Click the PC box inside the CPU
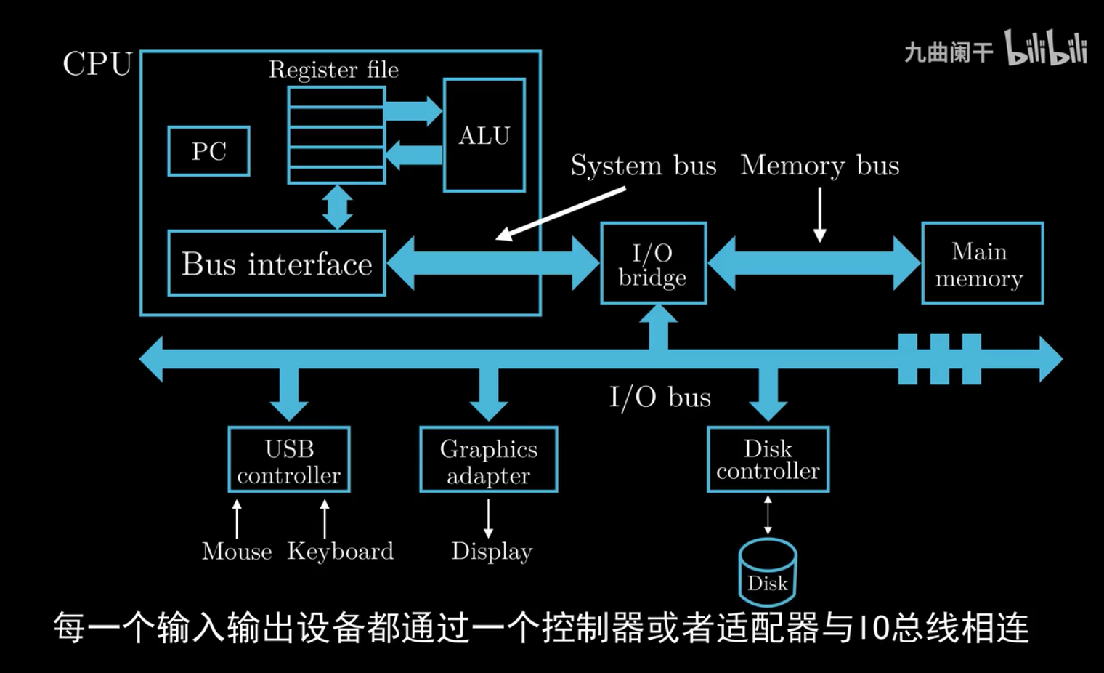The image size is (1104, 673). tap(208, 151)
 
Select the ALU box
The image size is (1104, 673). tap(484, 135)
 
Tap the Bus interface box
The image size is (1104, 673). tap(277, 264)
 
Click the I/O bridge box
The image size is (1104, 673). tap(653, 263)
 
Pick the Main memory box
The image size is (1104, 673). tap(982, 263)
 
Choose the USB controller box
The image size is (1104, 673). tap(289, 460)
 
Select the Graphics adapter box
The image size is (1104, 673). tap(488, 460)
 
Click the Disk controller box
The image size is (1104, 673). tap(768, 459)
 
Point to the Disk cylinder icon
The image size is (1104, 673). tap(768, 573)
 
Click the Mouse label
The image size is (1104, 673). tap(237, 552)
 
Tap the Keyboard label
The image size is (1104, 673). tap(340, 552)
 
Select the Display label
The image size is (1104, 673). tap(492, 552)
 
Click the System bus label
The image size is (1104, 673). tap(644, 166)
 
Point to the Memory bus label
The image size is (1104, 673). tap(820, 166)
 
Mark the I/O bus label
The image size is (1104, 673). tap(659, 398)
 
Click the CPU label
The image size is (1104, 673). tap(97, 64)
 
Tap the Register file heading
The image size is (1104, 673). tap(333, 70)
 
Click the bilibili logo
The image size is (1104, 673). tap(1046, 49)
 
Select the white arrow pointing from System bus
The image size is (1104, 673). tap(561, 213)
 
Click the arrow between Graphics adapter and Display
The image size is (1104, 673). tap(488, 517)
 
